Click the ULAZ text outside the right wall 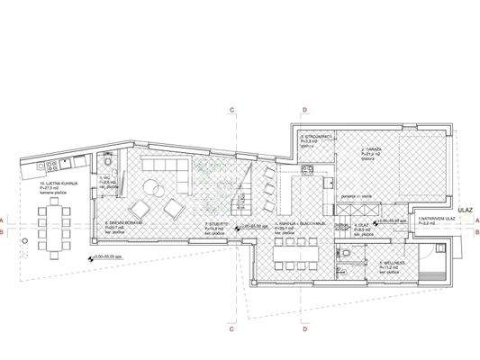tap(465, 205)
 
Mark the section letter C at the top tap(231, 110)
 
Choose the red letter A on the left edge tap(5, 220)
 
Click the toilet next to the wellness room tap(347, 255)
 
